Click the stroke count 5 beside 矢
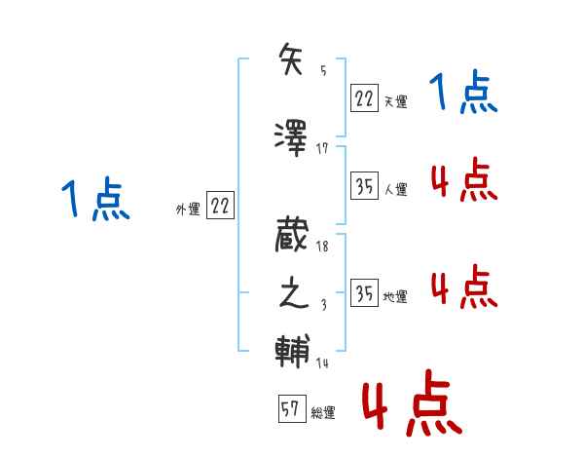(x=323, y=70)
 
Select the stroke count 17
(x=322, y=147)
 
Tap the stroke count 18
(x=322, y=248)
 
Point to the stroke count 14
(x=322, y=363)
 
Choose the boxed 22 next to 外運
(x=220, y=206)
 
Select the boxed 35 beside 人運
(x=363, y=186)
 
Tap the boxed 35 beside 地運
(x=363, y=293)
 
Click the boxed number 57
(x=290, y=409)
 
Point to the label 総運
(x=323, y=413)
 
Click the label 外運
(x=187, y=209)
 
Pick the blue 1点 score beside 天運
(x=463, y=95)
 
